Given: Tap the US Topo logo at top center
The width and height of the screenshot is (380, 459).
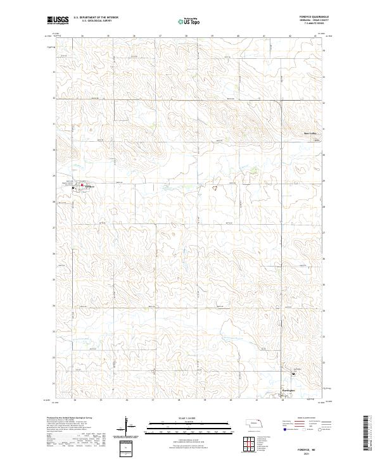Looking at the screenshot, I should (x=189, y=21).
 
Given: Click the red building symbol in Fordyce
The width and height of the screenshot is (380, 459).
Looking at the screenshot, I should (x=82, y=185).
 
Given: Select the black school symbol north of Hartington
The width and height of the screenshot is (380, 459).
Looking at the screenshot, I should (x=293, y=373).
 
